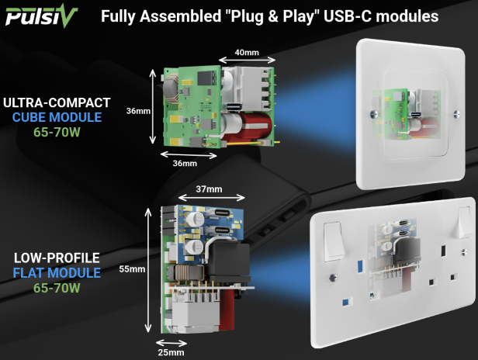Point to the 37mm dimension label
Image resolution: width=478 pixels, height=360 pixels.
209,189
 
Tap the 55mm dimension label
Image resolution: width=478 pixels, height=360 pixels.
131,269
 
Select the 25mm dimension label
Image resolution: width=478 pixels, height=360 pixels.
171,352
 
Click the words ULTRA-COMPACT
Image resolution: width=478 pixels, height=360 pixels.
57,102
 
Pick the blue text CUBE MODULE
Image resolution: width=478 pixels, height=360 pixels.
57,117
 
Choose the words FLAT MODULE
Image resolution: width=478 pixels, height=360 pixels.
56,273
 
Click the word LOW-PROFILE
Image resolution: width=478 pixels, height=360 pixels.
56,258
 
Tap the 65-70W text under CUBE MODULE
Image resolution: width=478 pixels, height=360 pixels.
57,133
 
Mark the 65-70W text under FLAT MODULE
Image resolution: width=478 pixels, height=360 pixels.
56,289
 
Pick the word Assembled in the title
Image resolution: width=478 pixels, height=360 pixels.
177,16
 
